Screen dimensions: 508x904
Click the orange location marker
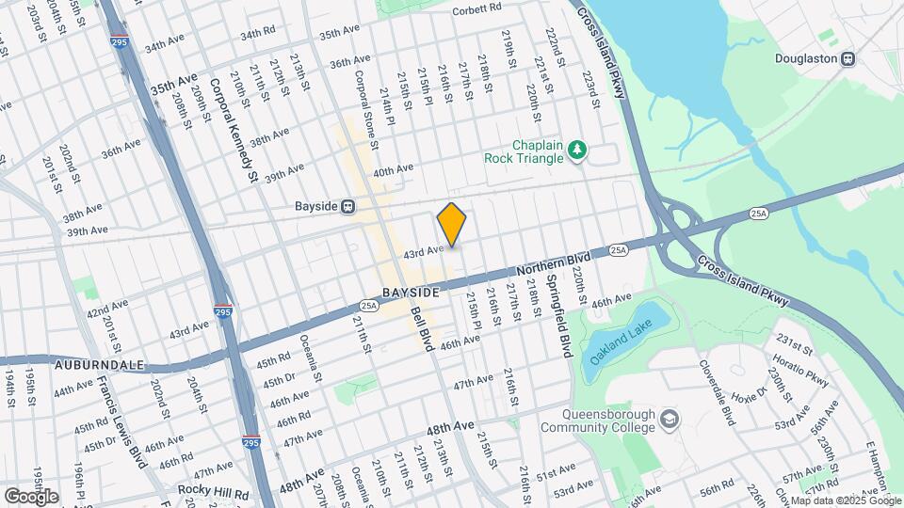click(452, 225)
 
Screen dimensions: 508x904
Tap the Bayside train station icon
click(348, 206)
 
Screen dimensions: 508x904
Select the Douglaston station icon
click(848, 58)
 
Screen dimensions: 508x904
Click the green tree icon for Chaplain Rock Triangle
click(577, 150)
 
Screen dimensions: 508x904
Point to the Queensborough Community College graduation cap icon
click(669, 418)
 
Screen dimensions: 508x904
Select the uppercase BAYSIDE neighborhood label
click(411, 293)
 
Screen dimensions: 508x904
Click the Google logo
click(31, 496)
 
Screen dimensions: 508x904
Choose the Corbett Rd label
click(476, 8)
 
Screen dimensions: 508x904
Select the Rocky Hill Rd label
click(217, 493)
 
